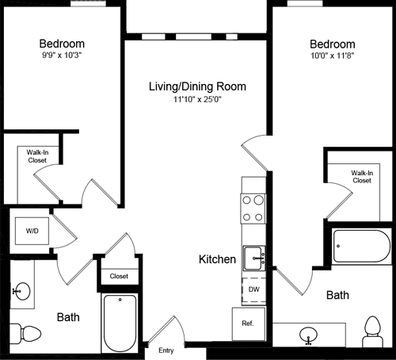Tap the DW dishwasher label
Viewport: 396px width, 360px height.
[x=253, y=290]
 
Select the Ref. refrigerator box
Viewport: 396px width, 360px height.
[x=247, y=324]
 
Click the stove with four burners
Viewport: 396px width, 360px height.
[x=253, y=209]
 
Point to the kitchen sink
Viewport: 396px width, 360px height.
[x=253, y=257]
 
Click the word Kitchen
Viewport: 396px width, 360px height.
[x=217, y=259]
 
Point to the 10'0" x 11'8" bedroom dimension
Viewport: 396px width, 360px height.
[x=333, y=56]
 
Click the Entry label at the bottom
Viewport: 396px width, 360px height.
[x=166, y=350]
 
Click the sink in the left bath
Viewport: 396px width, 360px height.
[x=21, y=293]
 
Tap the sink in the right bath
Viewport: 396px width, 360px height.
[x=310, y=337]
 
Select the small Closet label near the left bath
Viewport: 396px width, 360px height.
[x=119, y=276]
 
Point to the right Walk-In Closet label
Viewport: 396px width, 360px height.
[x=361, y=176]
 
